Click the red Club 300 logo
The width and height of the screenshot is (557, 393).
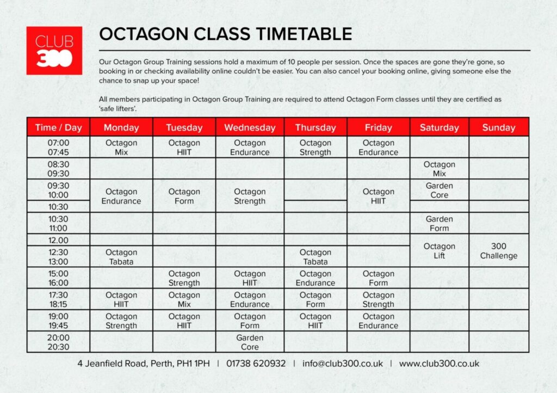(x=54, y=51)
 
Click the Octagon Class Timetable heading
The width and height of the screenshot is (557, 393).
(x=226, y=34)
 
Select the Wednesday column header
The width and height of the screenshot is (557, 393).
(x=250, y=127)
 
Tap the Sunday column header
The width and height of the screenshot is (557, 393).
(x=499, y=127)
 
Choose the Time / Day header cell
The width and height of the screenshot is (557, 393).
(x=59, y=127)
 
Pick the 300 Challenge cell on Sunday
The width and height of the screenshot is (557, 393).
(x=499, y=251)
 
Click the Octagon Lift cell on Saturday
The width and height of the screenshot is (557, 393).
(x=440, y=251)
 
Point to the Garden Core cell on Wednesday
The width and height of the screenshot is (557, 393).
(x=250, y=342)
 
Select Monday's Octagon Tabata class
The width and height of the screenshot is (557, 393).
(x=121, y=257)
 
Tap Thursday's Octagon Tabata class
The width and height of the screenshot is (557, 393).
(x=315, y=257)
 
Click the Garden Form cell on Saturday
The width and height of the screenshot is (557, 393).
(x=440, y=224)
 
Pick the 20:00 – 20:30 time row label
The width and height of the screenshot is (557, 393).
(x=59, y=342)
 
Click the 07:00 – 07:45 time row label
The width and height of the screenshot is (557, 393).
(x=59, y=148)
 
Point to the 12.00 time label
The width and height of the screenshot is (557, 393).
(x=59, y=240)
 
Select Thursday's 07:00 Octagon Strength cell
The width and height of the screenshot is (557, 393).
(x=315, y=148)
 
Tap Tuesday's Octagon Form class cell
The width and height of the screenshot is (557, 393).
(x=184, y=196)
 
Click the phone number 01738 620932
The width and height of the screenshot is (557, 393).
(x=256, y=364)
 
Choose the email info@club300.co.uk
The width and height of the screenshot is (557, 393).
(x=343, y=364)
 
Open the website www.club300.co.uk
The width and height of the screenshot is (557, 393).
(x=439, y=364)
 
